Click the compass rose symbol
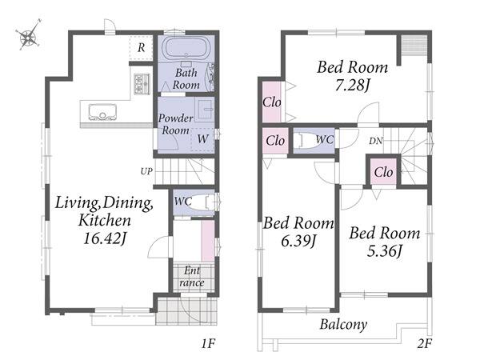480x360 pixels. [x=29, y=35]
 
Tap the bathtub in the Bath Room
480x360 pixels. [x=186, y=49]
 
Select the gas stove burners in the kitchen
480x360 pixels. [x=142, y=83]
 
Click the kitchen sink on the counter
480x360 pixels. [x=102, y=112]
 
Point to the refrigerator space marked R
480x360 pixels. [x=141, y=48]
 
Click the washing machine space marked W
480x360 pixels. [x=202, y=139]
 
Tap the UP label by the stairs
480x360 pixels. [x=146, y=171]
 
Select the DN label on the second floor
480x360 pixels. [x=376, y=141]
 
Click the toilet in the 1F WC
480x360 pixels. [x=202, y=202]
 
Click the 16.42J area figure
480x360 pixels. [x=105, y=238]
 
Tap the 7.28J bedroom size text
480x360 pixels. [x=352, y=85]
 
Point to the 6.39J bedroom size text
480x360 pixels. [x=298, y=242]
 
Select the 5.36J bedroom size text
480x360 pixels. [x=385, y=251]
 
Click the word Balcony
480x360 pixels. [x=343, y=325]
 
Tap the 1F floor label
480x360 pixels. [x=208, y=344]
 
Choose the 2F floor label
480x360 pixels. [x=424, y=344]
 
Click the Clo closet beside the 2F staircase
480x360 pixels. [x=383, y=172]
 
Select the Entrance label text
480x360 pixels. [x=192, y=277]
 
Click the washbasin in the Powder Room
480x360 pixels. [x=205, y=110]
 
